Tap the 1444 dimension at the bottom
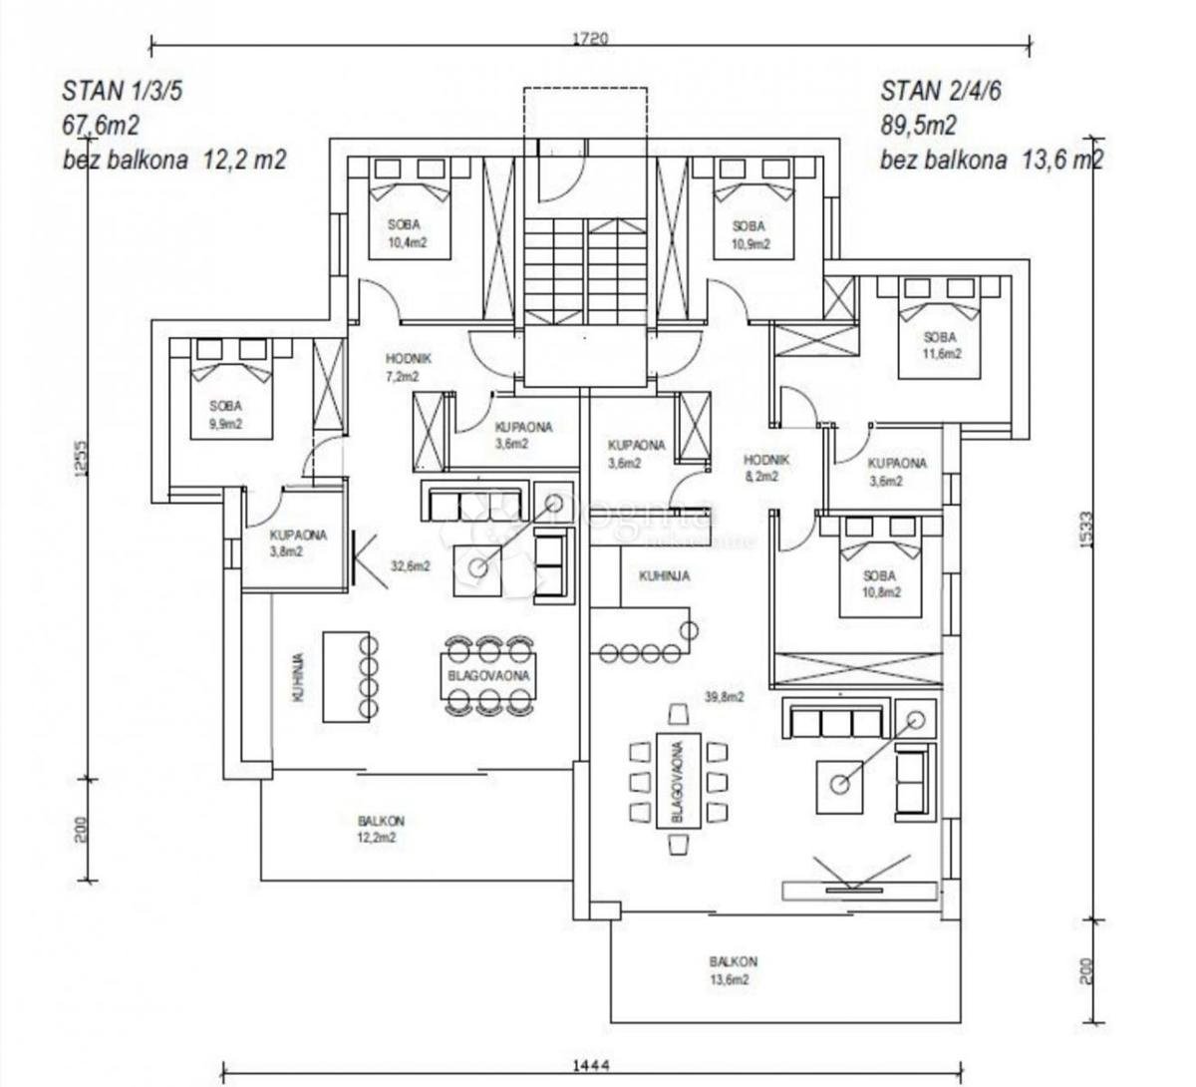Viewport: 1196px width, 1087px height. tap(591, 1066)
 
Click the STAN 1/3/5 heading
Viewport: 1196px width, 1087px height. tap(123, 92)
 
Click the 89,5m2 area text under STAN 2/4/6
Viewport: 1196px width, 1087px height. tap(918, 126)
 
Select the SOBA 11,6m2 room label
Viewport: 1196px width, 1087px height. tap(939, 345)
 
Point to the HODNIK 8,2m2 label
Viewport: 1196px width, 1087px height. tap(766, 468)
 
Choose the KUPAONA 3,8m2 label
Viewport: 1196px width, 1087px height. tap(297, 543)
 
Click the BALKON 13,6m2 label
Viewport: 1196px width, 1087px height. tap(734, 970)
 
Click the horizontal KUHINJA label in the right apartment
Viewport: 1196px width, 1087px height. tap(665, 575)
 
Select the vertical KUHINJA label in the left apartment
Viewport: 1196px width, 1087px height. tap(298, 679)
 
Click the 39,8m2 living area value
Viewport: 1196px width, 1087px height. tap(725, 698)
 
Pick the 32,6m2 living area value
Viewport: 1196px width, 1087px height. tap(410, 566)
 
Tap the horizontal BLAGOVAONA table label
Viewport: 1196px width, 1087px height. tap(488, 675)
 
